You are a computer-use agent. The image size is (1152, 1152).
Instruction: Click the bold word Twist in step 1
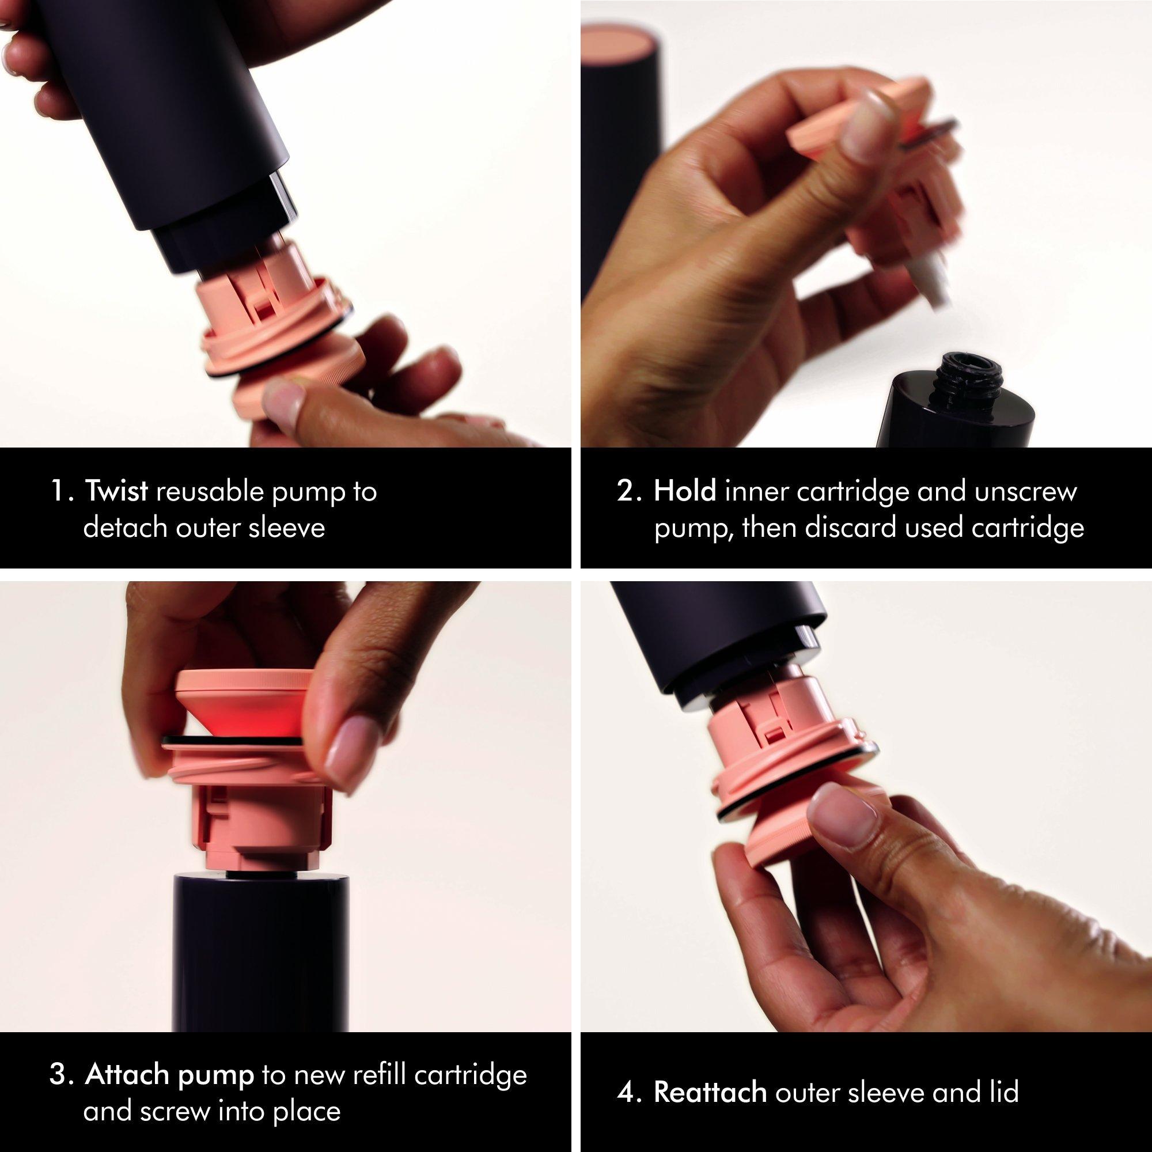[117, 492]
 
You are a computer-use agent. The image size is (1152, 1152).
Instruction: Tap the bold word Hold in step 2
[685, 492]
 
